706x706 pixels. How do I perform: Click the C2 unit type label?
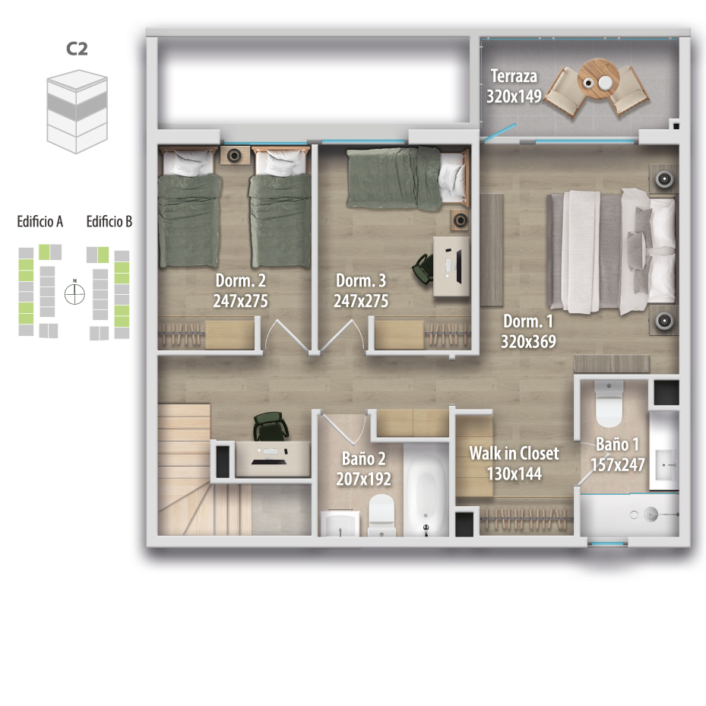77,49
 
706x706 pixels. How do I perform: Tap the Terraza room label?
514,76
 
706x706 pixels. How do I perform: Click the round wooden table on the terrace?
598,79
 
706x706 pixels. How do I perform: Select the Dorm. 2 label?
240,280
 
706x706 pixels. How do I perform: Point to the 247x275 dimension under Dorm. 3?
361,301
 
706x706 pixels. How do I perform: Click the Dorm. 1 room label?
527,321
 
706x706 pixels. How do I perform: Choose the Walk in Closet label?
514,453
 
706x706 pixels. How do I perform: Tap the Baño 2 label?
363,458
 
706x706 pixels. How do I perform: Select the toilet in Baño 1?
609,404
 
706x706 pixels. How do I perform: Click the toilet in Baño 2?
381,515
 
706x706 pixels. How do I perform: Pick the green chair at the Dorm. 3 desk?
423,268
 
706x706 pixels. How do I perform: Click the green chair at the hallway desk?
270,427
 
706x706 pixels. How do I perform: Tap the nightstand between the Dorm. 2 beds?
233,155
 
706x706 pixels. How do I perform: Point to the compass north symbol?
74,293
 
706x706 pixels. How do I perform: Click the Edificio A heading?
40,221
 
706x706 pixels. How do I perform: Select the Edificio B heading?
109,221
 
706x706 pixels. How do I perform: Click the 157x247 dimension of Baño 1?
617,464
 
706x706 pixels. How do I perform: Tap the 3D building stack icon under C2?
77,111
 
